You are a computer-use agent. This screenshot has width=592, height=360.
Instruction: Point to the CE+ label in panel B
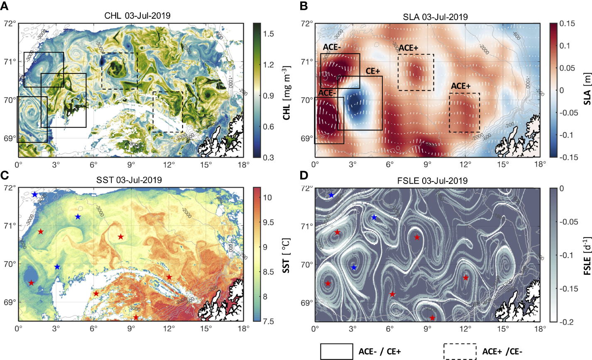coord(373,71)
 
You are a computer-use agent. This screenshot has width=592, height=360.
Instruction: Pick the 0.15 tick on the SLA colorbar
coord(567,24)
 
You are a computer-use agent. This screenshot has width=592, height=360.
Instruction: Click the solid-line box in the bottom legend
coord(336,351)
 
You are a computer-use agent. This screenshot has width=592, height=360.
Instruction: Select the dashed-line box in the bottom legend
coord(460,351)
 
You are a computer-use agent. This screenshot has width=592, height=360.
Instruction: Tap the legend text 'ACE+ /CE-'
coord(502,352)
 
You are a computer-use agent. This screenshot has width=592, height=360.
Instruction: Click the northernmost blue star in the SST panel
coord(35,194)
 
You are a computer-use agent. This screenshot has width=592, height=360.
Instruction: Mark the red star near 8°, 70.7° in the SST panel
coord(121,237)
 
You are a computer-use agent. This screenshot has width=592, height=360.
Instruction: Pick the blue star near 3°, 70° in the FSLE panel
coord(354,267)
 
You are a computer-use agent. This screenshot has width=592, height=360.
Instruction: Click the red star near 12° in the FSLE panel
coord(465,278)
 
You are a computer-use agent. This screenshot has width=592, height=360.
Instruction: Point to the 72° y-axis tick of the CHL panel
coord(9,24)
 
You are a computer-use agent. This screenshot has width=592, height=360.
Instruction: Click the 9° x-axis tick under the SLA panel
coord(428,164)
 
